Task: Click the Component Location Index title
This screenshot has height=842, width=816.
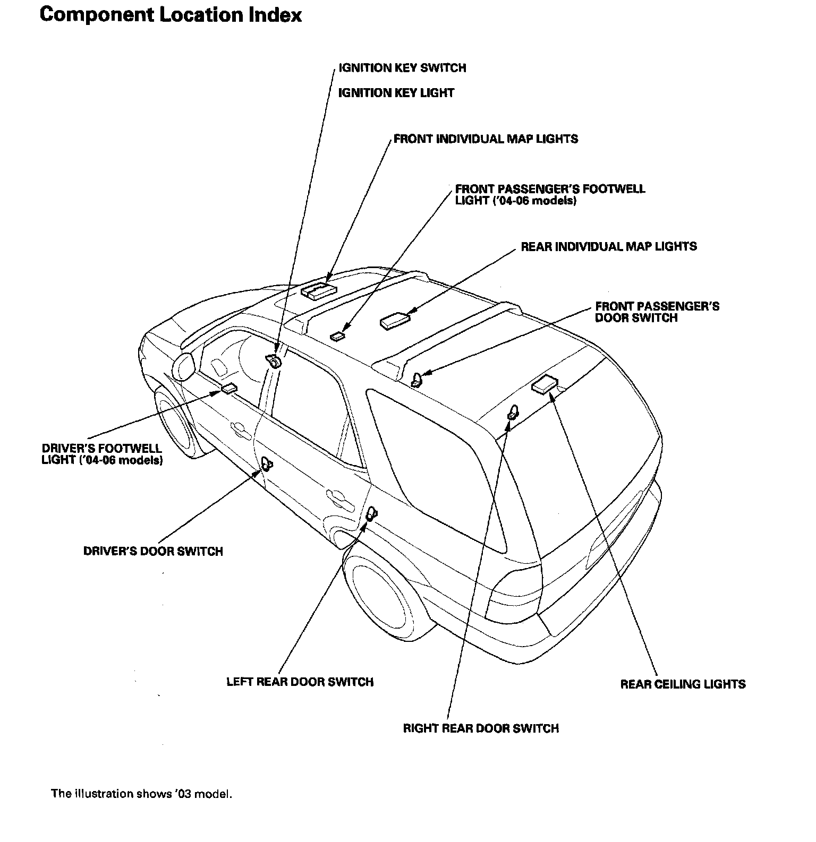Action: pos(171,15)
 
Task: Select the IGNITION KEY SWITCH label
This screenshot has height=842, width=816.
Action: pos(402,68)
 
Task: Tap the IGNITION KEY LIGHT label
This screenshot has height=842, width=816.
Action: pos(396,93)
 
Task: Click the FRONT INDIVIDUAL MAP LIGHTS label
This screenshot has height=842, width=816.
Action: pos(486,139)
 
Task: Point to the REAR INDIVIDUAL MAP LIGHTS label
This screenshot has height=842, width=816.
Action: pos(608,246)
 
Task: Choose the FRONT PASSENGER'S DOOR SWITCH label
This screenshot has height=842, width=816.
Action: pos(657,312)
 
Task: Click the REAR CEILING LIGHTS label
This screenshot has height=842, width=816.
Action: pos(683,684)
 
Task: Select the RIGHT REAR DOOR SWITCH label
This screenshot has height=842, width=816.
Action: pos(481,728)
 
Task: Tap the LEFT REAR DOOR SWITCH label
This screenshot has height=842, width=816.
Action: pos(300,682)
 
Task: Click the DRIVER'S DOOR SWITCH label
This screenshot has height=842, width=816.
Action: pos(153,551)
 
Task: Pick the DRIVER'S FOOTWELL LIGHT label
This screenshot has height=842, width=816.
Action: pos(102,454)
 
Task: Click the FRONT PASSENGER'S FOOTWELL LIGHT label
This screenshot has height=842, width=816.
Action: pos(550,195)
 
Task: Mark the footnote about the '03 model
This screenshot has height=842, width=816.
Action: pos(141,794)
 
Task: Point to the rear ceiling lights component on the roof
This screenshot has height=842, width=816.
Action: pos(545,384)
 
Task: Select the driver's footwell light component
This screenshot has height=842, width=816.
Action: pos(229,389)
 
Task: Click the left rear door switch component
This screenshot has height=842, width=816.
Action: pos(371,513)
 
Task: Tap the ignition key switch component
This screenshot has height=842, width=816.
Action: pos(275,361)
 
